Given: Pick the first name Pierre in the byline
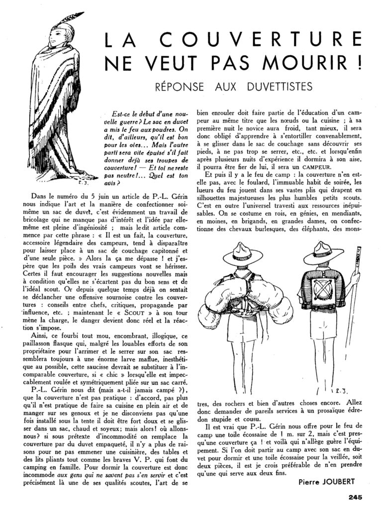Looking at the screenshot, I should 311,482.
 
